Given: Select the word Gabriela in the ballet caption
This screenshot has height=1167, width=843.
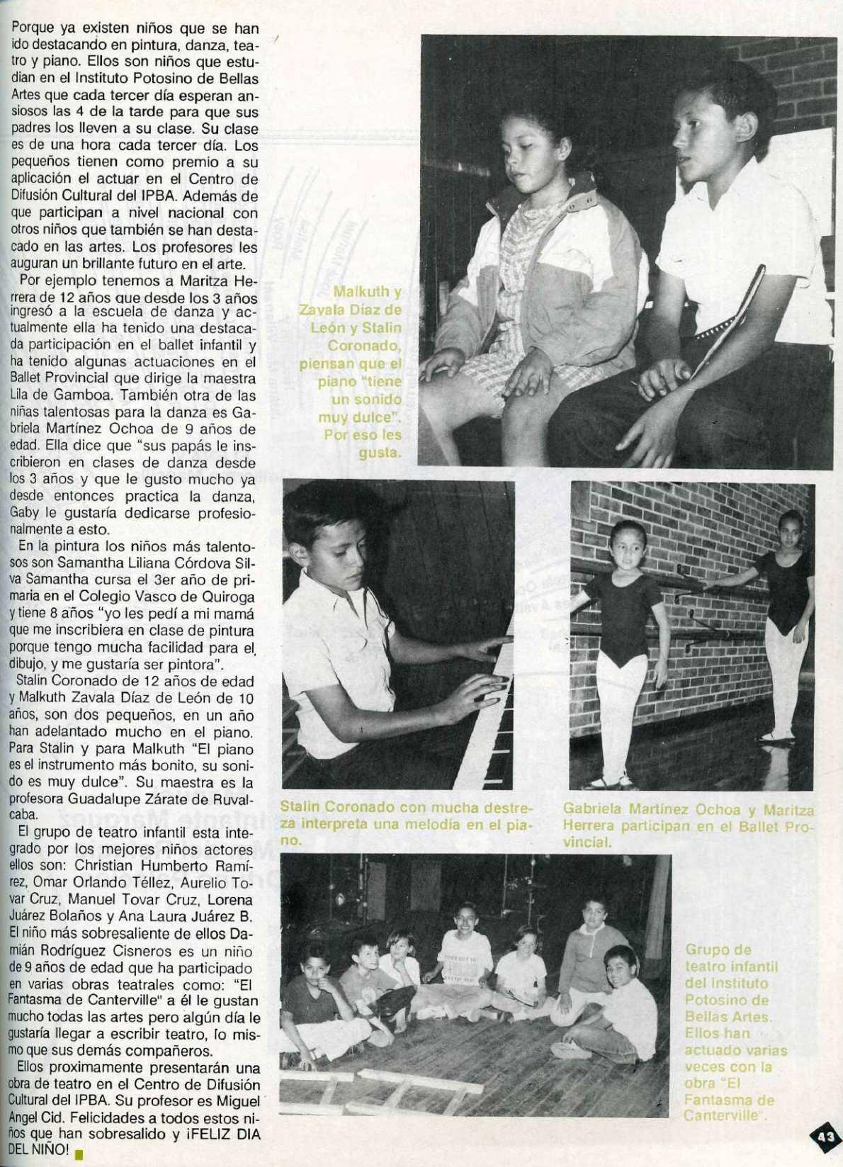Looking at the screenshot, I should [593, 809].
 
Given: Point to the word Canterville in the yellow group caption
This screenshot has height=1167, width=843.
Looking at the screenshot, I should [718, 1115].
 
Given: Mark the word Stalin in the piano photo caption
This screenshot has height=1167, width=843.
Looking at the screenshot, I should [302, 808].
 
